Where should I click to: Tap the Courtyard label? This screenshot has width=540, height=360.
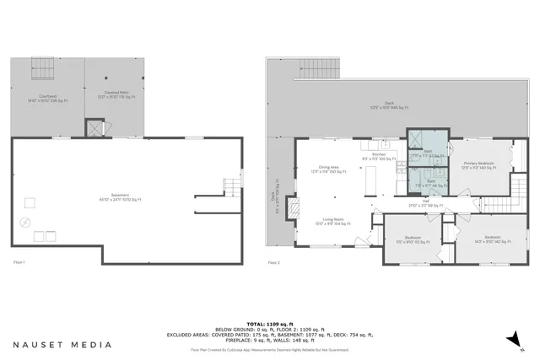35,99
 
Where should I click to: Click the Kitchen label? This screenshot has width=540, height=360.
379,157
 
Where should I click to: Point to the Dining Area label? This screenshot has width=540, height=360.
328,169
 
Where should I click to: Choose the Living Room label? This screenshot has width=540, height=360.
332,223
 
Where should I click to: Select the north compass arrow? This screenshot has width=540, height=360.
510,339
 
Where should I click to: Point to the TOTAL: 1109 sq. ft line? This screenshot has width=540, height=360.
269,324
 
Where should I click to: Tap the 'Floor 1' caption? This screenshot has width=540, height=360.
19,263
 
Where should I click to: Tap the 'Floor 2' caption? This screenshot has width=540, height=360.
273,263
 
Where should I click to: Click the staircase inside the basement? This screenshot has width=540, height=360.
230,187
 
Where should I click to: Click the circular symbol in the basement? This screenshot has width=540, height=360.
25,222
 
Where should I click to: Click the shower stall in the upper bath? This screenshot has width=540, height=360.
417,139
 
